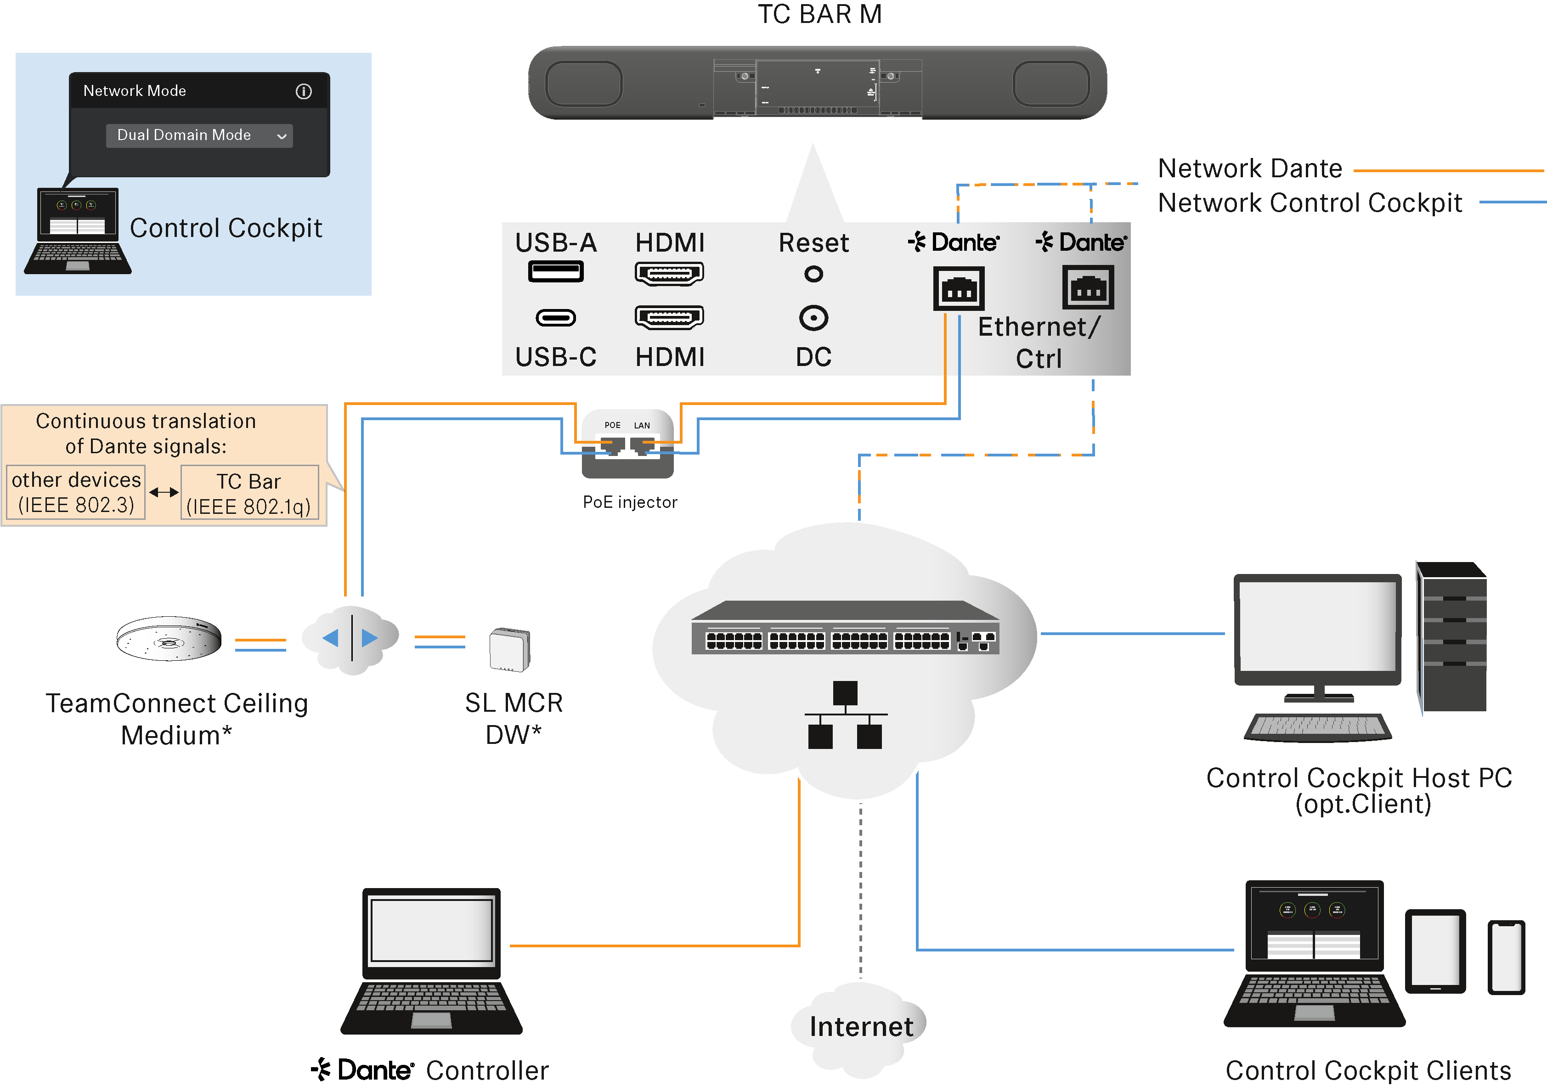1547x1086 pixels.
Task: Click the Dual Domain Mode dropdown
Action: pyautogui.click(x=199, y=135)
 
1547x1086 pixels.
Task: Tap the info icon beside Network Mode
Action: pyautogui.click(x=304, y=91)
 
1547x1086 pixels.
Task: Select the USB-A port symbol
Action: pyautogui.click(x=556, y=272)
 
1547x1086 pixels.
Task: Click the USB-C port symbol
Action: pyautogui.click(x=556, y=317)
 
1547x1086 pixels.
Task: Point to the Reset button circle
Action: pyautogui.click(x=814, y=274)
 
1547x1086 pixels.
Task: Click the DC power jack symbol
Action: pyautogui.click(x=814, y=318)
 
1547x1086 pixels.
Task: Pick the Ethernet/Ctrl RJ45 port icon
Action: pyautogui.click(x=1088, y=287)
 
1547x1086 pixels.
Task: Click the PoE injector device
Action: pyautogui.click(x=627, y=445)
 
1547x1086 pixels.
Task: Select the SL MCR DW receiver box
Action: pyautogui.click(x=510, y=649)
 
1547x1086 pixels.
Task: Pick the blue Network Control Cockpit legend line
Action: pyautogui.click(x=1512, y=202)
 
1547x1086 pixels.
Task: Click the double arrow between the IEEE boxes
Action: pyautogui.click(x=163, y=492)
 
